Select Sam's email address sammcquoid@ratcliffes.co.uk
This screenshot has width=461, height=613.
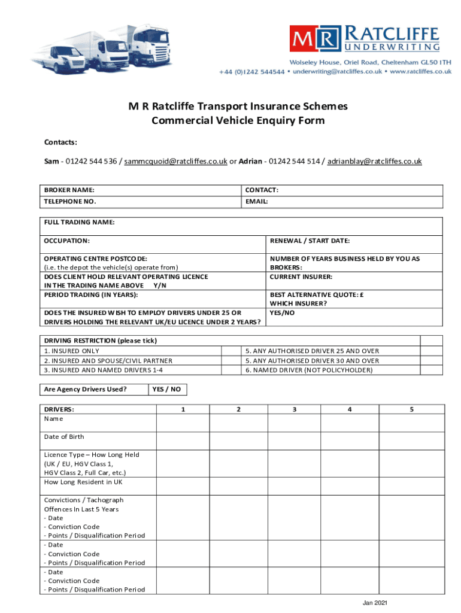coord(175,162)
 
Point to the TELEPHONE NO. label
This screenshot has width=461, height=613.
coord(70,202)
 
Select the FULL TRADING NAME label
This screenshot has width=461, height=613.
coord(79,222)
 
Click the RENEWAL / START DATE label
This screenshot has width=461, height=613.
coord(310,241)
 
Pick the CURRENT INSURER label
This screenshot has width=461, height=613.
coord(301,277)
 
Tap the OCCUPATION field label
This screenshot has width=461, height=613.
coord(67,241)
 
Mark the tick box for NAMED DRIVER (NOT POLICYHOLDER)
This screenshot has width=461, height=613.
coord(431,370)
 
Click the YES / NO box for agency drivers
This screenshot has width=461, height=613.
coord(168,390)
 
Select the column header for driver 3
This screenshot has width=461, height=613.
coord(294,409)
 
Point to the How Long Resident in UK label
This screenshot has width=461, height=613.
coord(83,482)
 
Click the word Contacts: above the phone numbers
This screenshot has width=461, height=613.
coord(60,142)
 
